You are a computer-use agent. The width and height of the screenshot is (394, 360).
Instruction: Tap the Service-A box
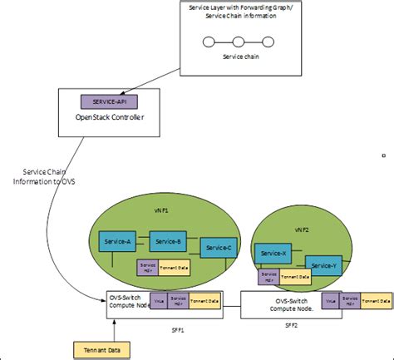click(117, 241)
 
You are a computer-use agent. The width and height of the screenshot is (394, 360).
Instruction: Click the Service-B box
click(168, 242)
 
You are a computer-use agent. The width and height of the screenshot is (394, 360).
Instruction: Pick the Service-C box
click(219, 248)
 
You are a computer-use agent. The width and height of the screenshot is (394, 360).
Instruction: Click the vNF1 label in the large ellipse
click(160, 211)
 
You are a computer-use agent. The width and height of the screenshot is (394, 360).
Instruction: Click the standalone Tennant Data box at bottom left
click(96, 349)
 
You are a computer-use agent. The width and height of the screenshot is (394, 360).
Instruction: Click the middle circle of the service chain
click(238, 42)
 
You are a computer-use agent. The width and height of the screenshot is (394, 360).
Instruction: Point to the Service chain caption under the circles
click(238, 59)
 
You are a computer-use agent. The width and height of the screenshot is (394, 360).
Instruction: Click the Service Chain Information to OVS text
click(42, 178)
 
